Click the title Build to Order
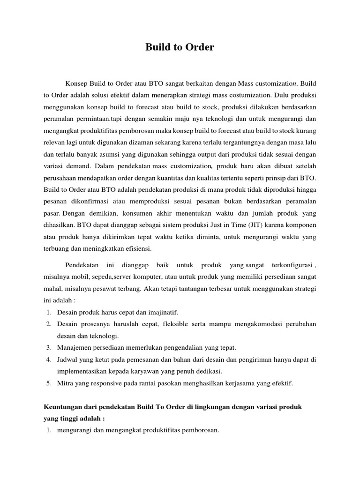coord(180,47)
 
